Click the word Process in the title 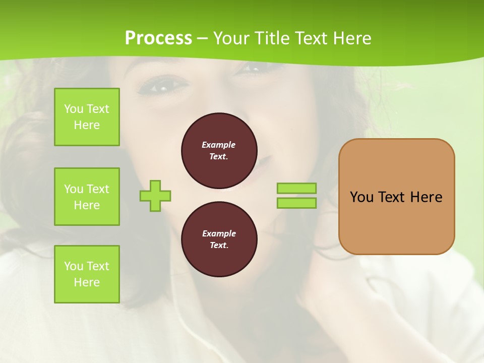coord(158,38)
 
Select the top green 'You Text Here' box coord(87,117)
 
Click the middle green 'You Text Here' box coord(87,197)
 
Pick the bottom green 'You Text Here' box coord(87,274)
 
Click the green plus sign coord(155,196)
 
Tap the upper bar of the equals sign coord(296,188)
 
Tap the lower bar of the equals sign coord(296,203)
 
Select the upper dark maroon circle coord(219,150)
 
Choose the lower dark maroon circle coord(219,239)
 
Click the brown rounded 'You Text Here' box coord(396,197)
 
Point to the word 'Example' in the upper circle coord(219,145)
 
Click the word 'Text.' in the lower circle coord(219,246)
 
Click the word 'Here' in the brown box coord(426,197)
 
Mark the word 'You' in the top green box coord(73,109)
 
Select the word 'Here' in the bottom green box coord(87,282)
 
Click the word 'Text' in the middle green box coord(98,189)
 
